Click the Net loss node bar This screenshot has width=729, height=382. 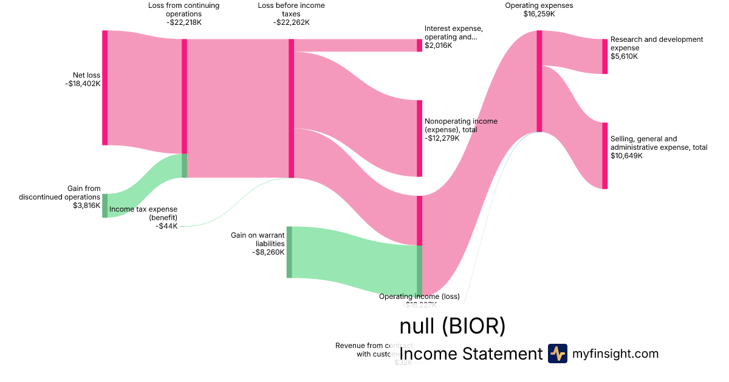click(x=104, y=87)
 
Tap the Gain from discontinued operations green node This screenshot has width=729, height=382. click(x=104, y=206)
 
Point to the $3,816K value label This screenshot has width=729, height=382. click(x=86, y=206)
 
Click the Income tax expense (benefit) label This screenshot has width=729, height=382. click(x=143, y=213)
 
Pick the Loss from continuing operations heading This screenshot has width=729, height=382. click(x=184, y=10)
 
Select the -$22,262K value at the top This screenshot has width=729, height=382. click(x=291, y=22)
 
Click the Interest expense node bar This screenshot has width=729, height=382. click(x=419, y=45)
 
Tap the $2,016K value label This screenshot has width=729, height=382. click(x=438, y=45)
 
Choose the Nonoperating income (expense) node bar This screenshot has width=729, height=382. click(x=419, y=138)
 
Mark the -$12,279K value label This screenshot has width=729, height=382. click(x=442, y=138)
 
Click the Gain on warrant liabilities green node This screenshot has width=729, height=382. click(x=289, y=252)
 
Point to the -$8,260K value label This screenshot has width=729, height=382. click(x=268, y=252)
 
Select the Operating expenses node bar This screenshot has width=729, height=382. click(x=539, y=81)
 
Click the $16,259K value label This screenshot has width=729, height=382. click(x=539, y=14)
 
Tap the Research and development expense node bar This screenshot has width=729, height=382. click(x=604, y=56)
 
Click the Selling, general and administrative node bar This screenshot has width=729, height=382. click(x=604, y=156)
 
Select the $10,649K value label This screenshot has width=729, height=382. click(x=626, y=156)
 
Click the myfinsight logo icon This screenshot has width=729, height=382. click(x=557, y=354)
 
